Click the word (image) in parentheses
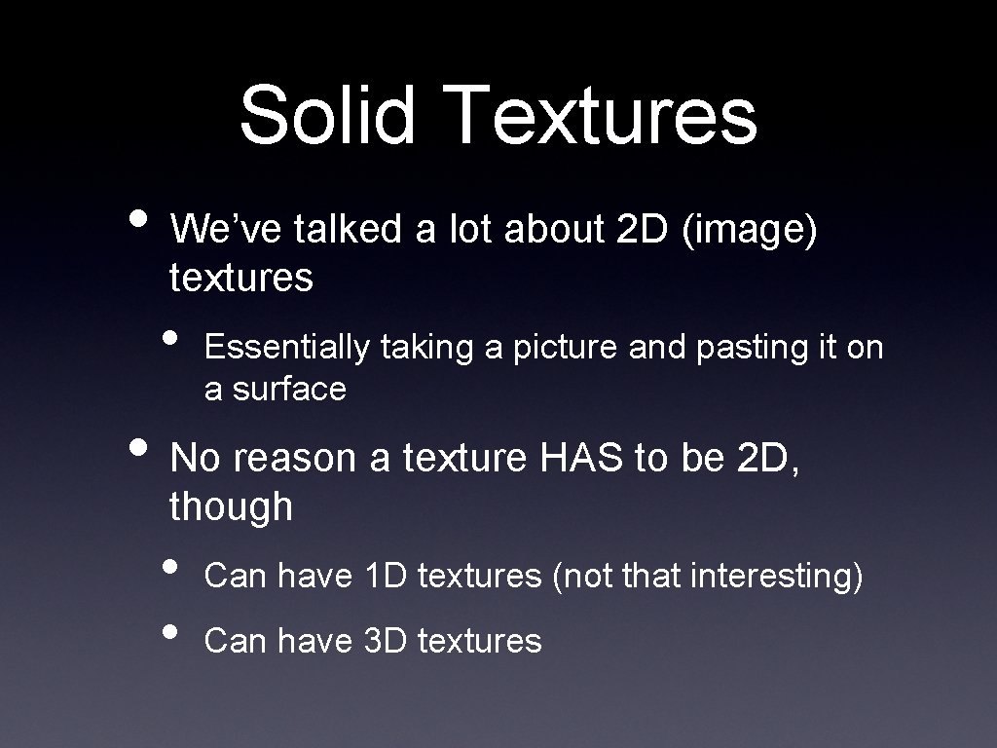coord(750,230)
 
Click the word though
coord(231,506)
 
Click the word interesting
coord(775,577)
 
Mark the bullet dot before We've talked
coord(138,215)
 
